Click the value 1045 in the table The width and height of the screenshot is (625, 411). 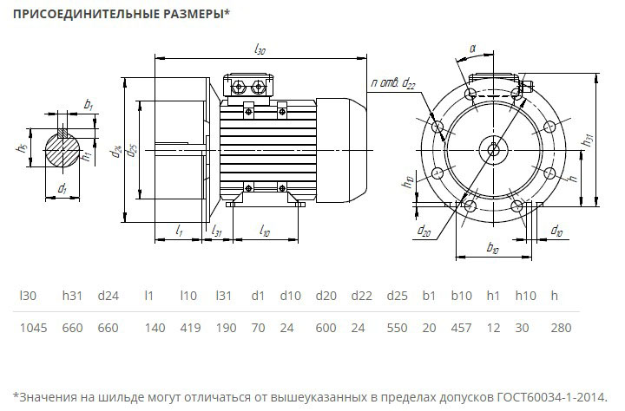tap(34, 328)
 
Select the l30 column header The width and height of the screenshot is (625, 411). tap(28, 296)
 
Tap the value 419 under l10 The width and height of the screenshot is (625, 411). tap(190, 328)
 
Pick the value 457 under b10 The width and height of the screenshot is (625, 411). tap(461, 328)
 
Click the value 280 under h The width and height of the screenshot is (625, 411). tap(561, 328)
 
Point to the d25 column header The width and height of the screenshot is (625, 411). tap(397, 296)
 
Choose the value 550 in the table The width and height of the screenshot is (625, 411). tap(397, 328)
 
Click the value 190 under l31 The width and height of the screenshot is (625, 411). tap(226, 328)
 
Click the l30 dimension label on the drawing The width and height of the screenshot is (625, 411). tap(260, 49)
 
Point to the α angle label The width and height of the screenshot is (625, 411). tap(473, 49)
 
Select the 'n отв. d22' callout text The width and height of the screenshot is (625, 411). tap(393, 83)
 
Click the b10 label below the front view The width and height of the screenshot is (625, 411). tap(493, 247)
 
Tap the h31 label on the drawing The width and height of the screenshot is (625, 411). tap(589, 140)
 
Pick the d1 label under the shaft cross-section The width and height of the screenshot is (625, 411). tap(62, 188)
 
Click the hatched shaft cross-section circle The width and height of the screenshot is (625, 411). tap(62, 150)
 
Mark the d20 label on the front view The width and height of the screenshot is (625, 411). tap(424, 230)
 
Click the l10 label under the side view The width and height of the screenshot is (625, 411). tap(265, 230)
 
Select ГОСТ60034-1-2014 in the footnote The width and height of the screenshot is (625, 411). tap(552, 397)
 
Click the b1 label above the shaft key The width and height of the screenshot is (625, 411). tap(88, 105)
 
